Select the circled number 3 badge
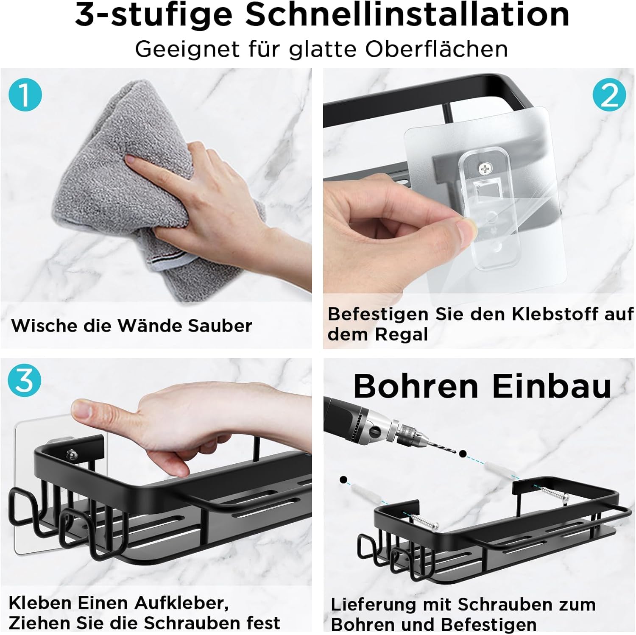(25, 380)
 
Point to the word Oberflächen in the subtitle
(437, 49)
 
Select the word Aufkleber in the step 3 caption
(182, 603)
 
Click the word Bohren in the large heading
(416, 386)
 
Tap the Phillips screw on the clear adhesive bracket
(484, 169)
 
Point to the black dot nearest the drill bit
(463, 454)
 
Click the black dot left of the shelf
(343, 480)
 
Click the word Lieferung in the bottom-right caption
(375, 605)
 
